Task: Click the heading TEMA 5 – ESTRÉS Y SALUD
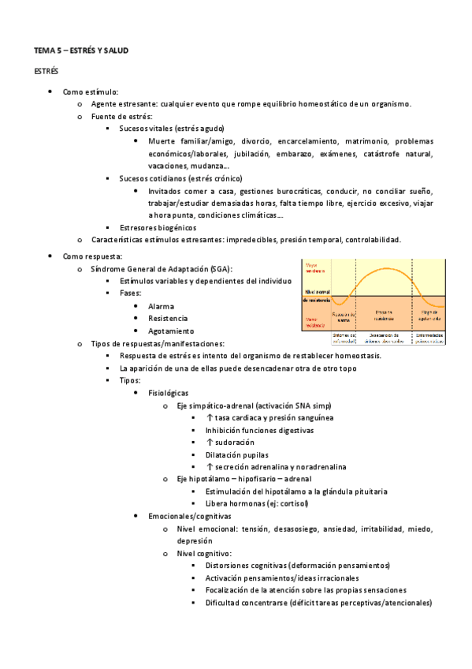[80, 50]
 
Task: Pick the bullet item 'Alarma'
[161, 306]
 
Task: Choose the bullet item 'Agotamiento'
[170, 331]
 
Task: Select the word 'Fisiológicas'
[169, 392]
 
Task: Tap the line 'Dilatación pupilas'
[236, 455]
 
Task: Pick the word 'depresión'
[195, 541]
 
